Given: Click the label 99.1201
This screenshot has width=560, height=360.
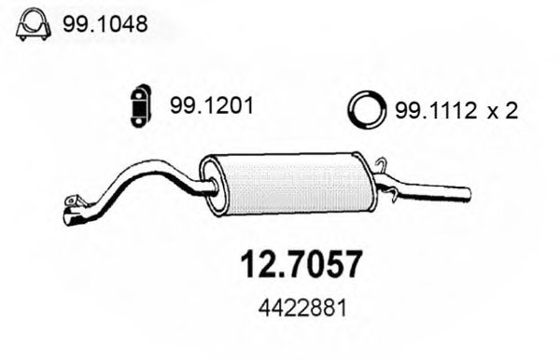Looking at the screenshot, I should (x=211, y=107).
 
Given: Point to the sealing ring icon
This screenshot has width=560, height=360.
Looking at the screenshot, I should (x=367, y=112).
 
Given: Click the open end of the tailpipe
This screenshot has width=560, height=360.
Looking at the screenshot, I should (x=468, y=195).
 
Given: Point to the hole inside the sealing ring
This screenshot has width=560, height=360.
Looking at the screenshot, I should (x=367, y=112).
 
